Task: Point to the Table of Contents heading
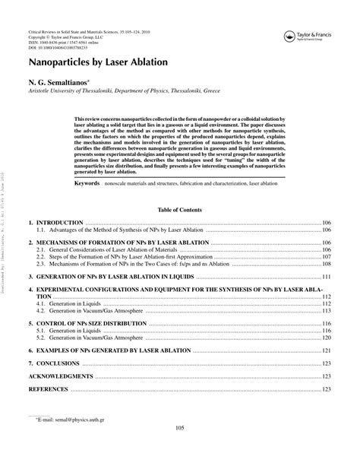click(x=179, y=208)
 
